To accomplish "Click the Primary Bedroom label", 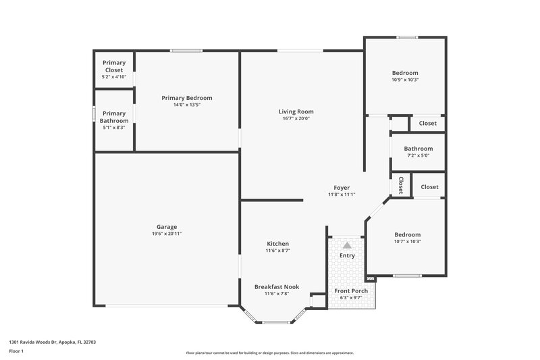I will (x=187, y=98).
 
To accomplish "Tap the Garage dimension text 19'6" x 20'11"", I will (x=166, y=234).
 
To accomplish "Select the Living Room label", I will (x=296, y=112).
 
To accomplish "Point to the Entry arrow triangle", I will (x=347, y=245).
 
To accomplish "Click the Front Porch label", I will (x=351, y=291).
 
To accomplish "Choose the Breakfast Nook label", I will (x=277, y=286).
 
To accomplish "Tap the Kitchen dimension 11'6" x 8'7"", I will (x=277, y=251).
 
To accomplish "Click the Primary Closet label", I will (x=114, y=66).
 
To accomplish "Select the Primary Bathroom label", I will (x=114, y=117).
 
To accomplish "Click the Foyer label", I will (x=342, y=187).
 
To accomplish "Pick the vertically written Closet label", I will (x=400, y=185).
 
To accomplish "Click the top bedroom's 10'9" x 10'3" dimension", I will (x=405, y=80).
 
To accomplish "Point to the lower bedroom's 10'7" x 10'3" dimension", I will (x=407, y=241).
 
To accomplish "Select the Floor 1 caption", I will (x=17, y=352).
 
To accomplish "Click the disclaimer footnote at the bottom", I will (x=269, y=353).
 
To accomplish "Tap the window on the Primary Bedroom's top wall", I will (x=186, y=51).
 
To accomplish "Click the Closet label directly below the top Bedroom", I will (x=427, y=123).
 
